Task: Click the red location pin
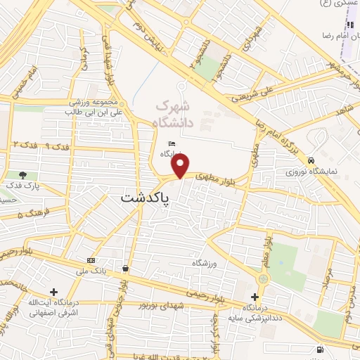tap(181, 167)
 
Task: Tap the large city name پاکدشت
tap(146, 199)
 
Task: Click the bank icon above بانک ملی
tap(91, 259)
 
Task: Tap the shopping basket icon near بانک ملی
tap(125, 268)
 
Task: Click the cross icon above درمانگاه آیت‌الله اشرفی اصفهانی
tap(54, 291)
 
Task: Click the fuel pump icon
tap(321, 349)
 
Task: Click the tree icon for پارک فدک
tap(23, 175)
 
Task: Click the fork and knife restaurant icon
tap(349, 25)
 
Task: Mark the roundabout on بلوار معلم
tap(263, 279)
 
